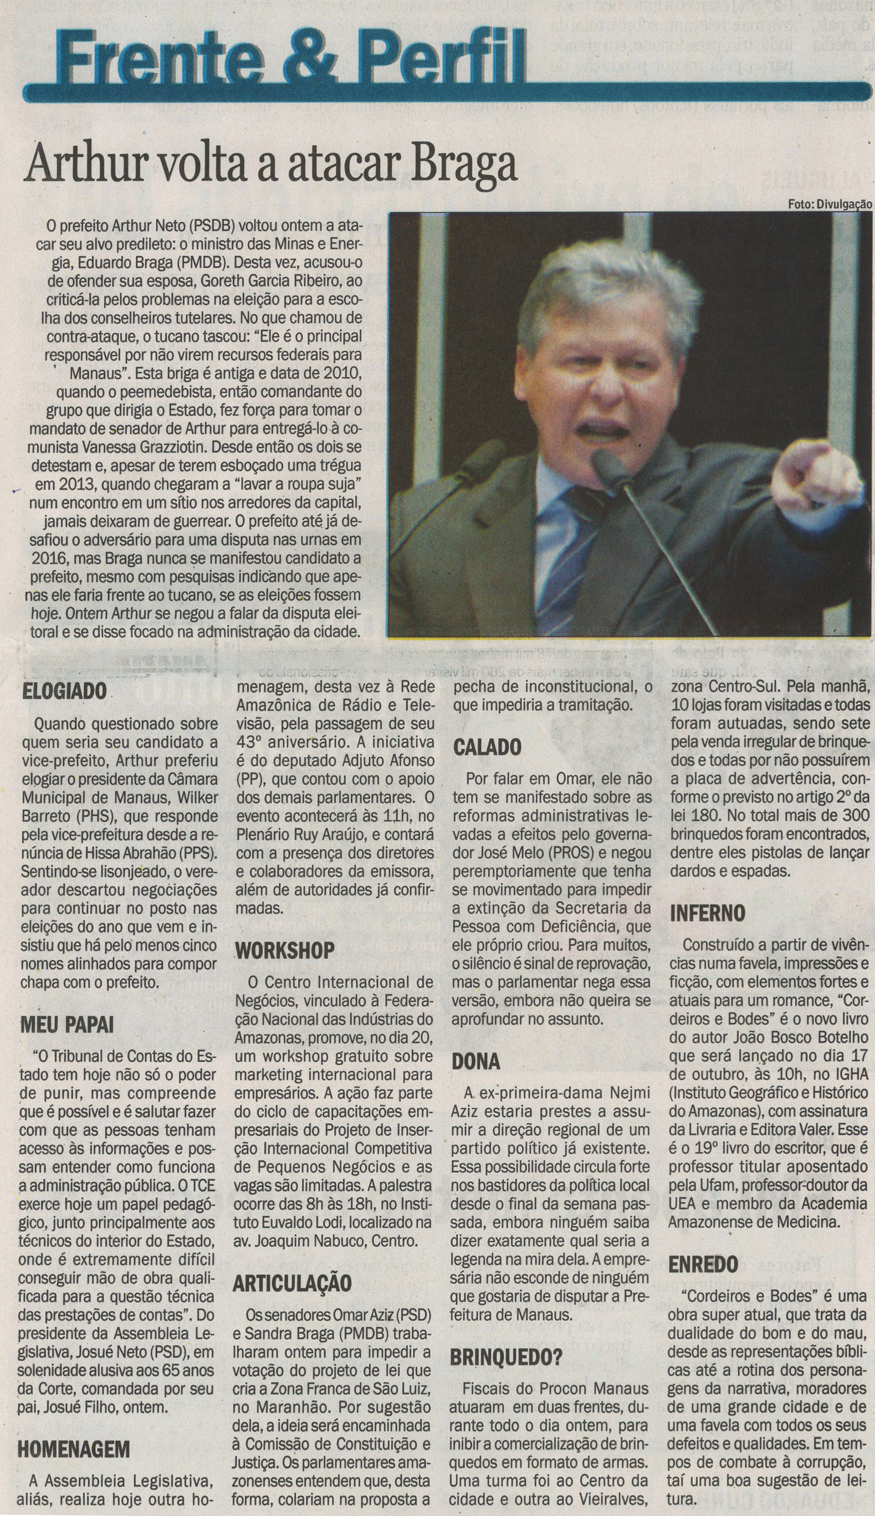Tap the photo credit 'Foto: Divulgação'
pyautogui.click(x=830, y=205)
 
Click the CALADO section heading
pyautogui.click(x=487, y=747)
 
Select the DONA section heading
pyautogui.click(x=476, y=1061)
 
